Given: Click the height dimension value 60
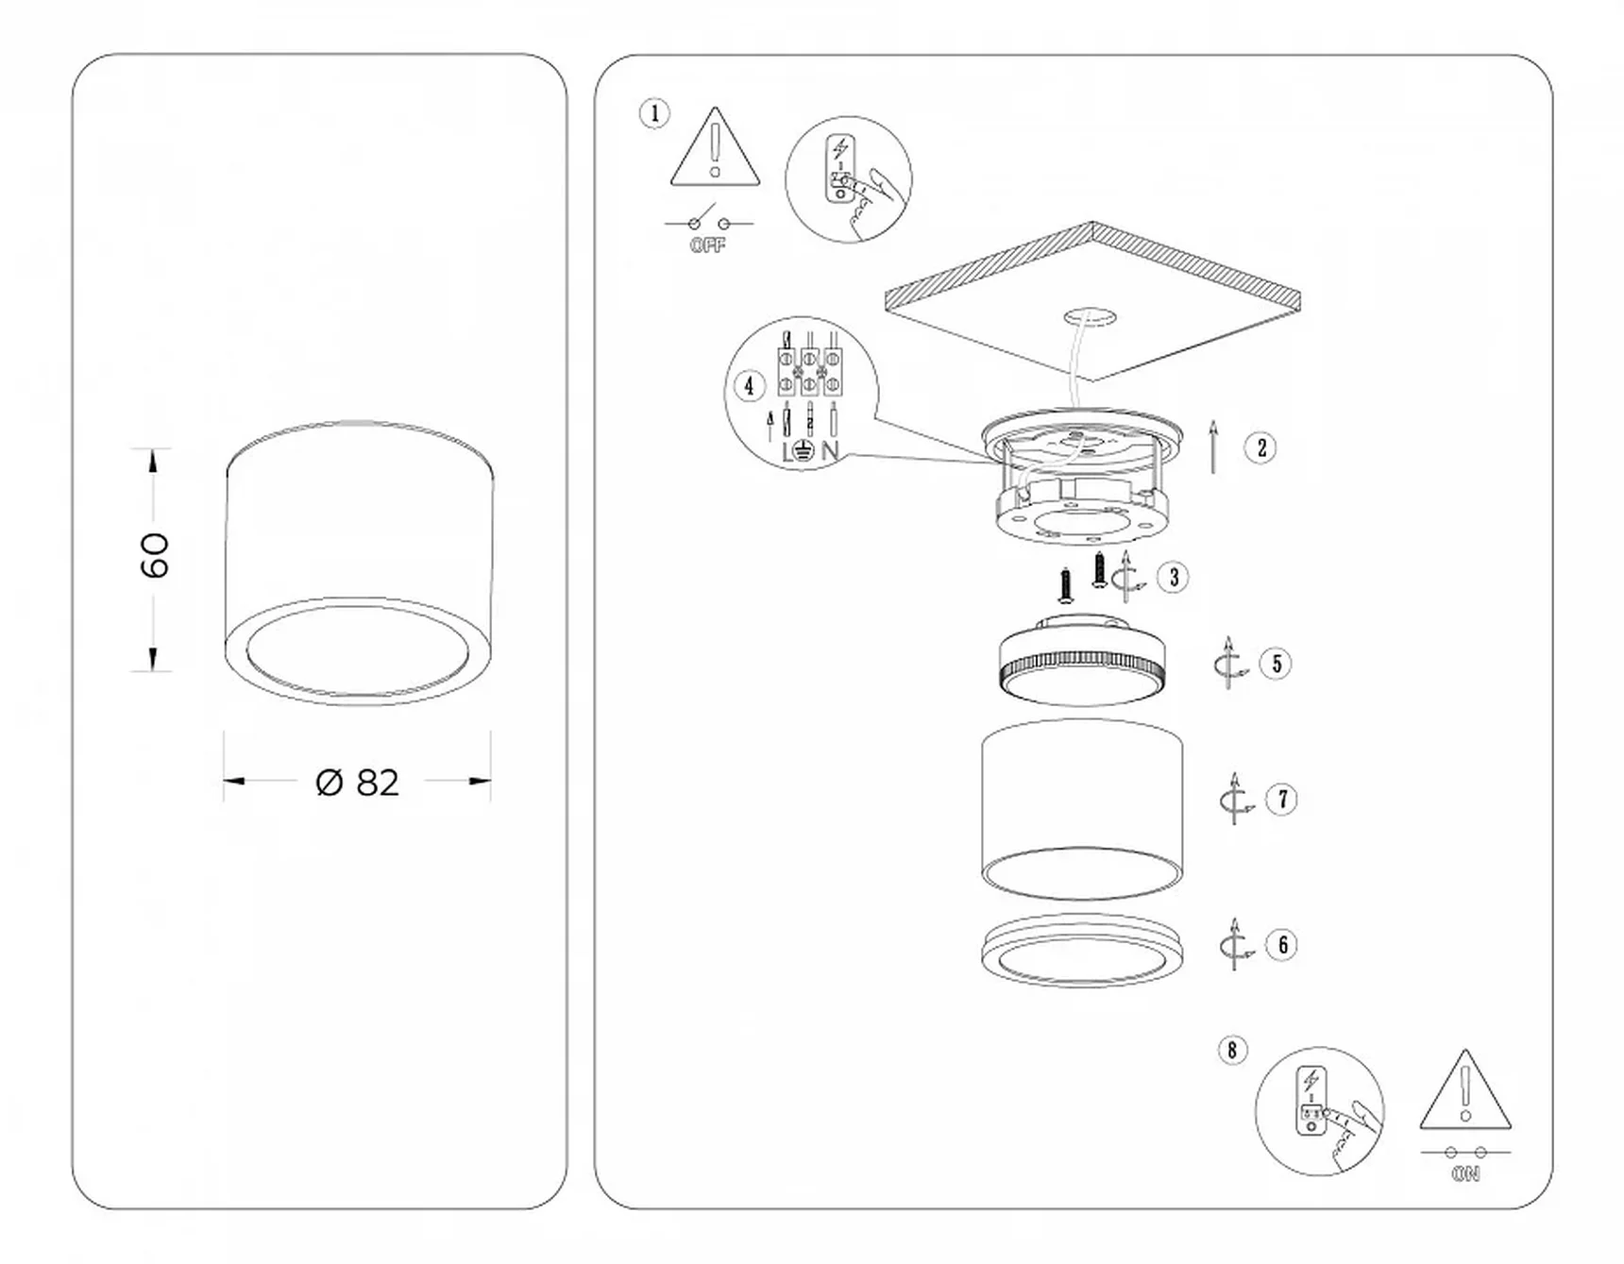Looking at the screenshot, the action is click(154, 555).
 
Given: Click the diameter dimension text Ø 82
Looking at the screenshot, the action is click(358, 783).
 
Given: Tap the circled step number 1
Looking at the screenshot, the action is click(654, 114).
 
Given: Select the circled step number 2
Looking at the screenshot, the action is click(1261, 447).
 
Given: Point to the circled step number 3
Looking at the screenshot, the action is click(1174, 577).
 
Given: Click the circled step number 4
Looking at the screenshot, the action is click(749, 385).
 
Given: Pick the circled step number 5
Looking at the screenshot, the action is click(1277, 664).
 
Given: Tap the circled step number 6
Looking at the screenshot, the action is click(1282, 945).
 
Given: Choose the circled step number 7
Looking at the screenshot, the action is click(1282, 800).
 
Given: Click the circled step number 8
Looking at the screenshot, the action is click(1232, 1050).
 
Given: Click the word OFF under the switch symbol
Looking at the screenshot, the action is click(708, 245).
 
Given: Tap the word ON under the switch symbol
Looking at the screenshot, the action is click(1466, 1174).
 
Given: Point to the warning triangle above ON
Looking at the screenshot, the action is click(1465, 1090).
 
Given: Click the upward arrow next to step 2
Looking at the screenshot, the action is click(1214, 447).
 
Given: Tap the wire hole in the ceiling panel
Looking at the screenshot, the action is click(1090, 317).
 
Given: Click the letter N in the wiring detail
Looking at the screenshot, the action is click(830, 451).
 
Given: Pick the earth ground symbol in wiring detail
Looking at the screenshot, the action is click(804, 451).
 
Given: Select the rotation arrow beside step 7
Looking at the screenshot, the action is click(1235, 800).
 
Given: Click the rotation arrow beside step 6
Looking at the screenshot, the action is click(1235, 945).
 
